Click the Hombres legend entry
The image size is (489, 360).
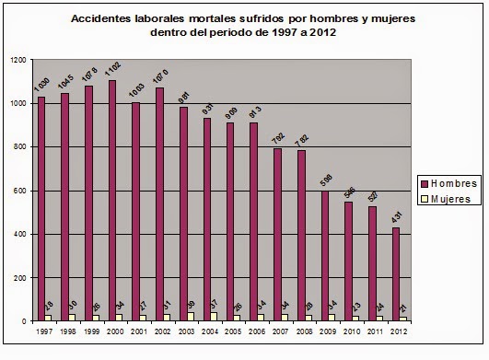click(x=448, y=182)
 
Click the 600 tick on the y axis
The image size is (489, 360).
click(x=21, y=191)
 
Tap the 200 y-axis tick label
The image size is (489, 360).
click(x=21, y=278)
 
